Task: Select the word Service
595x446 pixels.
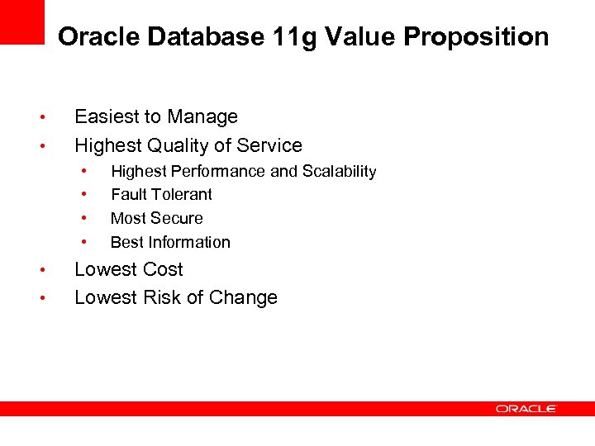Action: click(269, 146)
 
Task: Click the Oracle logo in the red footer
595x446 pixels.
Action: click(526, 408)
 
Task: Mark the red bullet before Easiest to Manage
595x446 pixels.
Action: click(51, 118)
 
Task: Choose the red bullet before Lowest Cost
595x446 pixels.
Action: click(51, 271)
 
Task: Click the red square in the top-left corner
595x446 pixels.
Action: click(21, 21)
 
